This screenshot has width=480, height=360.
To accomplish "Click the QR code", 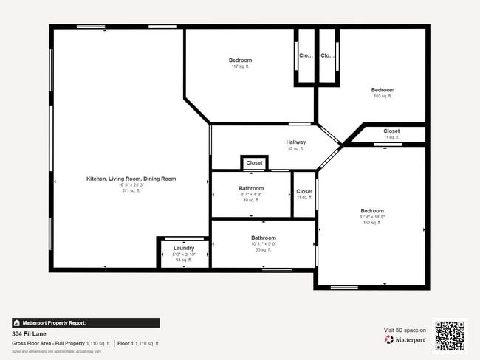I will tap(450, 336).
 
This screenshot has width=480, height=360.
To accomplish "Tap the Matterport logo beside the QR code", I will tap(405, 340).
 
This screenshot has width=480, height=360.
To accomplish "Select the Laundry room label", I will tap(184, 248).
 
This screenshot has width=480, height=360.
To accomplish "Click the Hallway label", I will tap(296, 142).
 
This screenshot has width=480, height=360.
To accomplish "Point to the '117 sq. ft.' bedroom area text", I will tap(240, 66).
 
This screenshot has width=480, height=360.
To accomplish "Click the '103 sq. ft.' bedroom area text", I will tap(383, 96).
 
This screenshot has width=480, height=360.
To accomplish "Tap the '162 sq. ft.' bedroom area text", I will tap(372, 222).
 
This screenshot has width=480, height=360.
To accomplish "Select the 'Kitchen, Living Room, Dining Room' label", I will tap(131, 179).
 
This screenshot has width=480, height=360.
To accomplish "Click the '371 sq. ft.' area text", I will tap(131, 190).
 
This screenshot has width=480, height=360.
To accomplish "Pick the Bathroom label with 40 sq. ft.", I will tap(251, 188).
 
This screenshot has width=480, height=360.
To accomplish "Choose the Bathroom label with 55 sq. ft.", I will tap(263, 238).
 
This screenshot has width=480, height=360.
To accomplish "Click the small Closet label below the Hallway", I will tap(254, 163).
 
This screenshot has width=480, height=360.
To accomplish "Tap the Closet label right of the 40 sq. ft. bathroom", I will tap(304, 191).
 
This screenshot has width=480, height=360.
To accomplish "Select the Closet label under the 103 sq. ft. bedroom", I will tap(391, 131).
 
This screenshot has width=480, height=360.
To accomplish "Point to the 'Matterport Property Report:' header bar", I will tap(86, 322).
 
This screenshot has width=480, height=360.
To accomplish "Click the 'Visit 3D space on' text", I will tap(405, 330).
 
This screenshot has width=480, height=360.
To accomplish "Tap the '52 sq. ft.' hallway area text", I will tap(296, 149).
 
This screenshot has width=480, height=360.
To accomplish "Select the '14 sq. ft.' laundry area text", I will tap(184, 260).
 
